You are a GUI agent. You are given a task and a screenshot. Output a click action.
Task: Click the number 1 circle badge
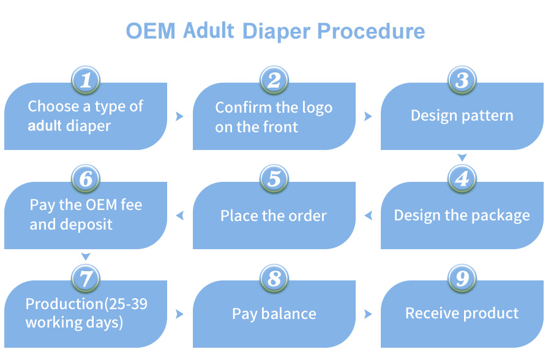tap(86, 80)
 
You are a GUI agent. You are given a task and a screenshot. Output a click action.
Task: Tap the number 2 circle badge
tap(274, 80)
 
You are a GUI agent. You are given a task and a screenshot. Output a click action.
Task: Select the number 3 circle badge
tap(462, 80)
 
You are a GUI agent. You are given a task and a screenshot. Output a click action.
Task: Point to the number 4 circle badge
tap(462, 179)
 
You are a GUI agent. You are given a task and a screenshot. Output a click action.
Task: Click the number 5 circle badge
tap(274, 179)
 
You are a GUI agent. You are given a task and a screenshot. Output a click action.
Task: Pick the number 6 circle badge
tap(86, 179)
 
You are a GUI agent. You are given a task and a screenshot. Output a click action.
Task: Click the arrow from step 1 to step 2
tap(180, 116)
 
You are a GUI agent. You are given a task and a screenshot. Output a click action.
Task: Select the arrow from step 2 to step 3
tap(368, 116)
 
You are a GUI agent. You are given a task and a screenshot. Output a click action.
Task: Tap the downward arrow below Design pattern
tap(462, 158)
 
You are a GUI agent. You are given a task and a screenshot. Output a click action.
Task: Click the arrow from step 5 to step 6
tap(180, 216)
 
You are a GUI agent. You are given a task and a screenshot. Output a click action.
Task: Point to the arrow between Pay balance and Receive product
tap(368, 314)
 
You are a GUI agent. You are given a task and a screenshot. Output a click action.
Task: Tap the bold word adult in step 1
tap(45, 126)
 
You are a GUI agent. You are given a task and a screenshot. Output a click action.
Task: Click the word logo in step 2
tap(317, 108)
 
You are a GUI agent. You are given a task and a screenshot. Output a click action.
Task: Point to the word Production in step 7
tap(62, 304)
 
